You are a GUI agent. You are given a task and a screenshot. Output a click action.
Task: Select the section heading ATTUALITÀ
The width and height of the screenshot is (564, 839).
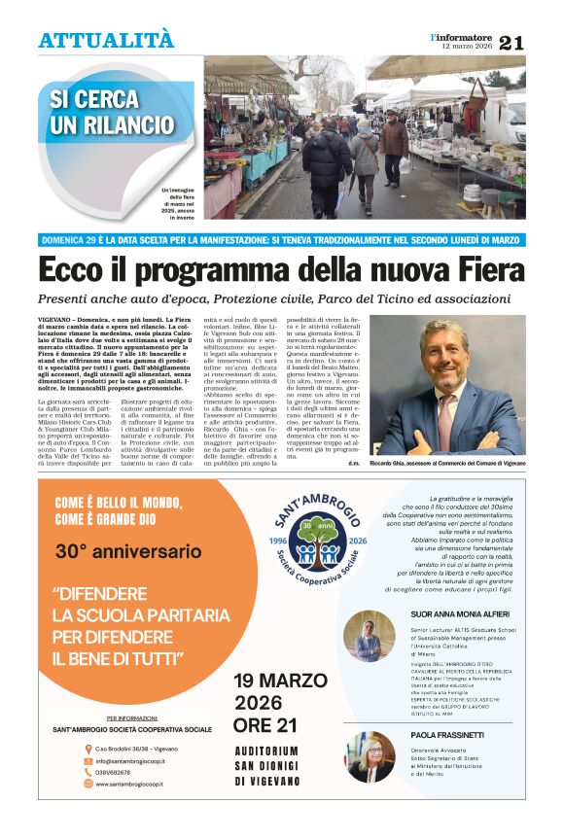[x=106, y=40]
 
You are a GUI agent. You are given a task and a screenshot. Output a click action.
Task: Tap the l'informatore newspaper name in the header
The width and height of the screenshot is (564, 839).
[x=461, y=36]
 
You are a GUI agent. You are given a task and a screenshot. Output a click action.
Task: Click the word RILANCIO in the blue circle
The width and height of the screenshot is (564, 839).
[x=125, y=126]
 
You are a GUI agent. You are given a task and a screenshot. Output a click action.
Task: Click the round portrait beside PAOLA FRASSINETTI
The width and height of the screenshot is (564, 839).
[x=370, y=755]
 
